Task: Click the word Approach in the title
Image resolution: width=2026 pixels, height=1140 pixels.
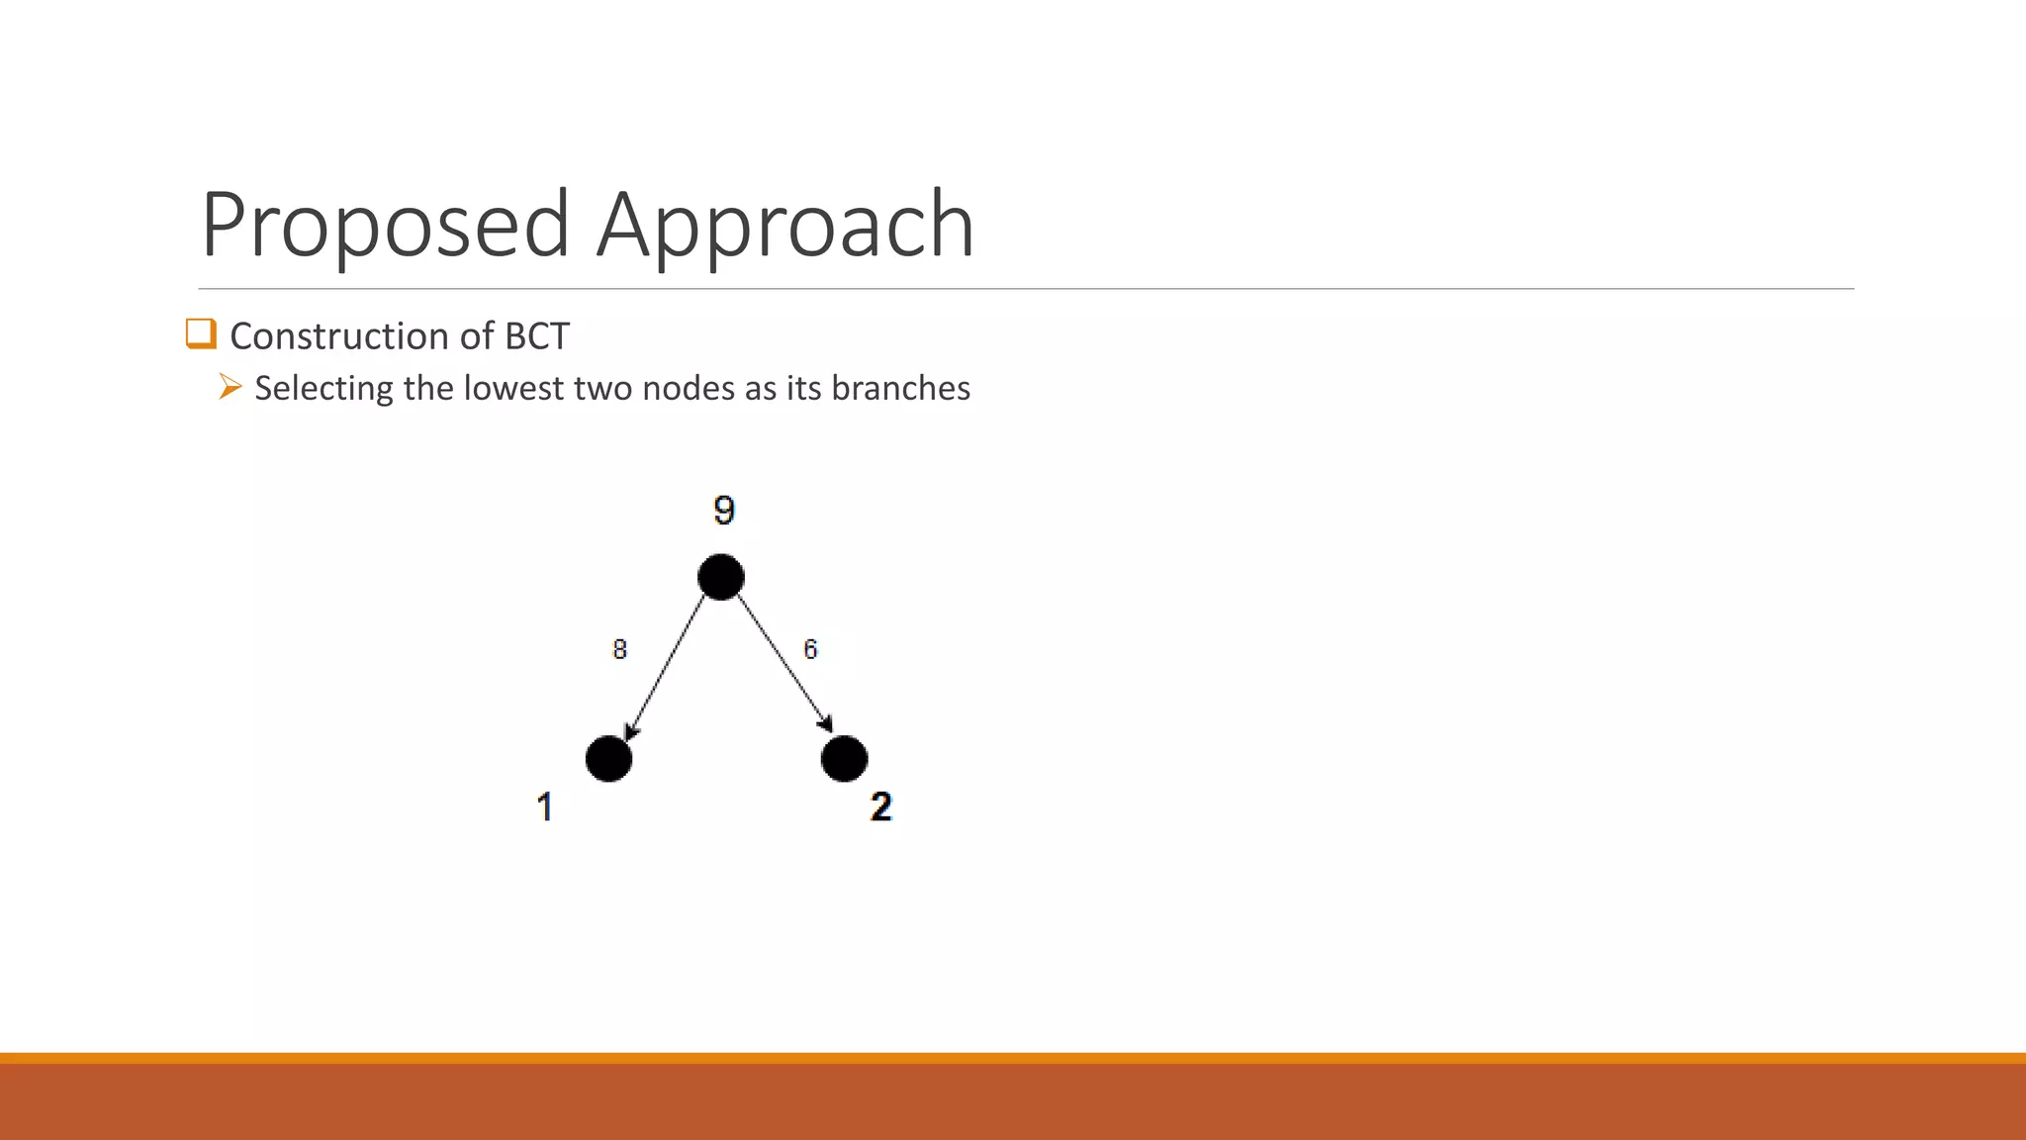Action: tap(785, 226)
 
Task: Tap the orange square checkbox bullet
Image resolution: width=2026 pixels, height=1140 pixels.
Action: tap(201, 333)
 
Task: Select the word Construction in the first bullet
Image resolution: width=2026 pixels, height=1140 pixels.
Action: tap(339, 336)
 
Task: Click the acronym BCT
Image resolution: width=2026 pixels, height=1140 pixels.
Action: tap(537, 336)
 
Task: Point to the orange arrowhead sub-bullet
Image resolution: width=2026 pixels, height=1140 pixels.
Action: tap(230, 387)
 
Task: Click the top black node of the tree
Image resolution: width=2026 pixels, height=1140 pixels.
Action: tap(721, 577)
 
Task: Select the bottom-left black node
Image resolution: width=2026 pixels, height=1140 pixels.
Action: tap(608, 759)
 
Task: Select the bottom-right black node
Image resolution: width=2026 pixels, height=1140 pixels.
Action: tap(844, 759)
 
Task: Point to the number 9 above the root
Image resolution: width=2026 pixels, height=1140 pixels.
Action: tap(724, 511)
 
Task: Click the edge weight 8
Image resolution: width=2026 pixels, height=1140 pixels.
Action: tap(619, 649)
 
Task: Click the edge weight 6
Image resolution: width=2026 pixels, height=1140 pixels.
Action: tap(810, 649)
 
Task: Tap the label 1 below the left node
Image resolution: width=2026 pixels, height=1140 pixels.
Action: tap(544, 807)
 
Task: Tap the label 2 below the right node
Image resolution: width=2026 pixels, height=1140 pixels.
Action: tap(880, 807)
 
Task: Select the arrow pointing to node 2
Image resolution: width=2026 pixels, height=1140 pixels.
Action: tap(783, 663)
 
